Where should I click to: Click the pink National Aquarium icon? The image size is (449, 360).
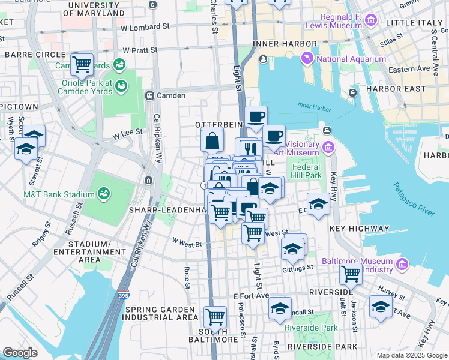coord(308,58)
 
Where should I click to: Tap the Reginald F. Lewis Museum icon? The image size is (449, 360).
coord(371,21)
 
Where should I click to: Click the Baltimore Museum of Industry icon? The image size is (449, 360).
coord(402,263)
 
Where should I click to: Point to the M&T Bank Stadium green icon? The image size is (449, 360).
coord(104,194)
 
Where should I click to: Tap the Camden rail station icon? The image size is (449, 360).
coord(149,95)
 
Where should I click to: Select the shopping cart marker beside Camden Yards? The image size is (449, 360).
coord(82,64)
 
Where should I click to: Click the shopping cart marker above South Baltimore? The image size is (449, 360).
coord(214,316)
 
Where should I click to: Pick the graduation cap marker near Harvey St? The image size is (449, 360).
coord(381,307)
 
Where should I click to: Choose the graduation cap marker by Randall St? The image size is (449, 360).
coord(280,308)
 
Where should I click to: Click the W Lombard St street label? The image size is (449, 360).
coord(145,27)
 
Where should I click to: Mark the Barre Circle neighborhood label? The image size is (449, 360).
coord(30,54)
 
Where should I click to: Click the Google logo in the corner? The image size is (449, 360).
coord(20,353)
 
